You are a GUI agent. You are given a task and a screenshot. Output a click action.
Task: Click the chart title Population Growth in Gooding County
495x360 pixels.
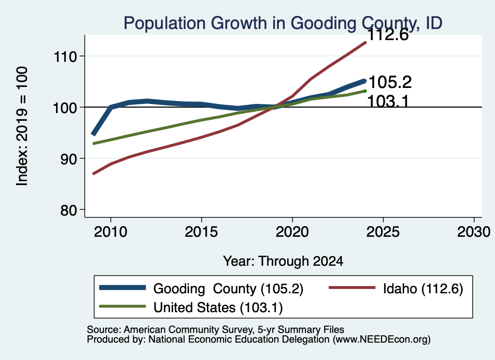tap(283, 23)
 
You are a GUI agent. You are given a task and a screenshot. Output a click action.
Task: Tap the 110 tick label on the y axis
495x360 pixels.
tap(66, 57)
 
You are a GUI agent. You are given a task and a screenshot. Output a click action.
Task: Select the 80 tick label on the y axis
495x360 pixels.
tap(69, 210)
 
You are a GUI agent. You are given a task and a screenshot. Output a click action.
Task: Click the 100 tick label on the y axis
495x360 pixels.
tap(65, 108)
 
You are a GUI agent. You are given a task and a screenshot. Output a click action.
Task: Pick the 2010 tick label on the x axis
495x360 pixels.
tap(111, 232)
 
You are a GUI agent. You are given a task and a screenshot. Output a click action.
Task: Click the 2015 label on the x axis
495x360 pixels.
tap(202, 232)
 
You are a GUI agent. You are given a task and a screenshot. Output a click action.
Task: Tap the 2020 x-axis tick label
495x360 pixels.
tap(292, 232)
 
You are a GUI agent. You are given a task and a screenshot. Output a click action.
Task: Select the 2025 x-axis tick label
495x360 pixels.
tap(383, 232)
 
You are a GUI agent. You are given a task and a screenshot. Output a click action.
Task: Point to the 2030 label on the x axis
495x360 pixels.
tap(474, 232)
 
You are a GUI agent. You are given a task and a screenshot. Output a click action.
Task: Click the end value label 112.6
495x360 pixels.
tap(388, 35)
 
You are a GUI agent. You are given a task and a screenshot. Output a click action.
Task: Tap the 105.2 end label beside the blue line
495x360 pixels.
tap(390, 82)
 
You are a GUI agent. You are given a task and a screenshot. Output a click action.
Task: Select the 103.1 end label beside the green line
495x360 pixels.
tap(388, 101)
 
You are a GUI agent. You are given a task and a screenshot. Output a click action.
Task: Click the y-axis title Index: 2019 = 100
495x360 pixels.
tap(22, 126)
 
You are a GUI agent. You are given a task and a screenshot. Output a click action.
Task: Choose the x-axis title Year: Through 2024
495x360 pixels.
tap(283, 261)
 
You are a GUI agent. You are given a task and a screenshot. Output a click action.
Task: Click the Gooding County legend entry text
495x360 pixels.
tap(228, 288)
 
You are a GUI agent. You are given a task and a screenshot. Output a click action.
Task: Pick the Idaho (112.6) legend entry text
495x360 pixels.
tap(423, 288)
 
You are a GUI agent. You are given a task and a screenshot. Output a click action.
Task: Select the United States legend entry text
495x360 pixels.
tap(218, 307)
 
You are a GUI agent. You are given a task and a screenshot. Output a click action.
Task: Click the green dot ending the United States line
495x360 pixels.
tap(365, 91)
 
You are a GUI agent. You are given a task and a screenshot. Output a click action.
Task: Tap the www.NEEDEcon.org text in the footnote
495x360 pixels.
tap(382, 340)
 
